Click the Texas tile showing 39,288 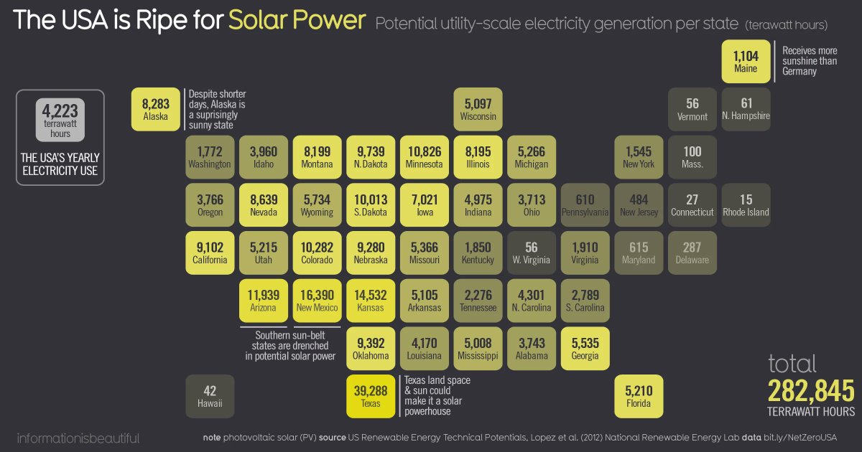pos(371,396)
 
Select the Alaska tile pos(155,109)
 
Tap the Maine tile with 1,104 pos(746,62)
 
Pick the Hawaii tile pos(210,396)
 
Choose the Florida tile pos(638,396)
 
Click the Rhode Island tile pos(746,205)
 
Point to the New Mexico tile pos(317,301)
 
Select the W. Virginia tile pos(532,253)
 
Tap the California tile pos(210,253)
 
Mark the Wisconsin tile pos(478,109)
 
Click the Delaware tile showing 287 pos(692,253)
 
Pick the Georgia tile pos(585,349)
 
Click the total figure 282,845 pos(811,392)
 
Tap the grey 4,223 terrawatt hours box pos(60,119)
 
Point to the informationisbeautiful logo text pos(78,438)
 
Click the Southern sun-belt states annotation pos(290,345)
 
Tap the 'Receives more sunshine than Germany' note pos(810,61)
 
